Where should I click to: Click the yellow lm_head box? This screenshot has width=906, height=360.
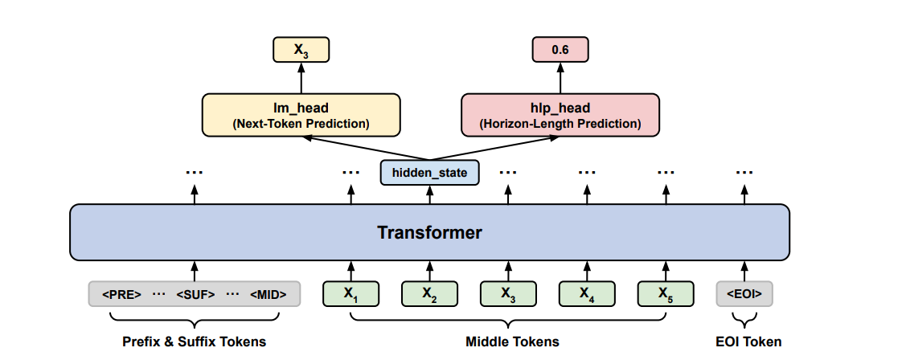click(x=301, y=115)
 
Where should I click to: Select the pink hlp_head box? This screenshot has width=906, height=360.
click(x=560, y=115)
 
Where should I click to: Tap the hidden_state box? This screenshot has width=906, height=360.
click(x=429, y=172)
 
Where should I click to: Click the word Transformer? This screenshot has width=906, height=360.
click(x=429, y=232)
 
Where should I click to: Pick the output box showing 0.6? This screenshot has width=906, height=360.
click(x=560, y=50)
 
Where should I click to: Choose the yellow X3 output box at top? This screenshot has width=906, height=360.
click(x=301, y=50)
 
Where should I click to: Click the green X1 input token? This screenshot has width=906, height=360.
click(x=351, y=293)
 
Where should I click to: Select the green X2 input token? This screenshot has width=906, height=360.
click(x=429, y=293)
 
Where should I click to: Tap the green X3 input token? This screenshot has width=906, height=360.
click(x=508, y=293)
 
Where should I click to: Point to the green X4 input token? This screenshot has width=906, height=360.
click(x=587, y=293)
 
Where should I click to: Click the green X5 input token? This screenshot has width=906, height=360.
click(x=666, y=293)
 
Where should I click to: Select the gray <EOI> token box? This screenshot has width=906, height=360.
click(x=744, y=293)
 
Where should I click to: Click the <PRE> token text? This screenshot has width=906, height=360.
click(x=122, y=295)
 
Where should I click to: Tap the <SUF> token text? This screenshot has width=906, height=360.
click(x=196, y=295)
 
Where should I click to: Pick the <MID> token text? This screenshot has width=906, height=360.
click(x=269, y=295)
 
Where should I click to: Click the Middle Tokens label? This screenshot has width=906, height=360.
click(x=513, y=342)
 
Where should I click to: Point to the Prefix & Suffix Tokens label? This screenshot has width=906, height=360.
click(x=195, y=342)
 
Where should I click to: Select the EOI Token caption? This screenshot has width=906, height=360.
click(x=748, y=342)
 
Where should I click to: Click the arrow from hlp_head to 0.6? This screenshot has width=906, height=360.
click(x=560, y=78)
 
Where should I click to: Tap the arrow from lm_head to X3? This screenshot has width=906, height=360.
click(x=301, y=78)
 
